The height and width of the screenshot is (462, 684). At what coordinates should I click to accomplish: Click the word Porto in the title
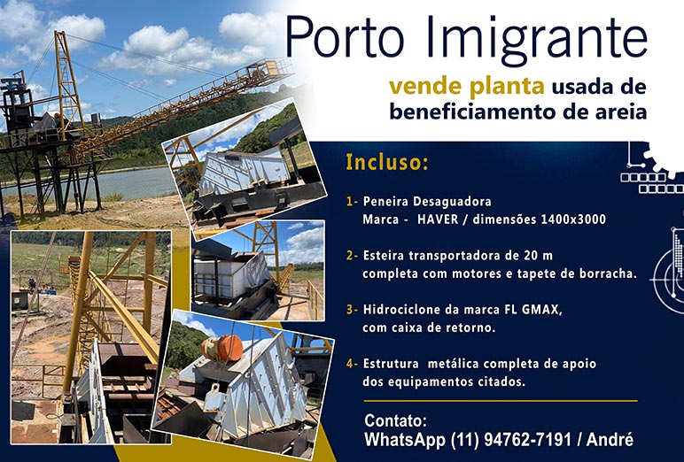click(345, 37)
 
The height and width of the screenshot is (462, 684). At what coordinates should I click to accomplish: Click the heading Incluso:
click(387, 162)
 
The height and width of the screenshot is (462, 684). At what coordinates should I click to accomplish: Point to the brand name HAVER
click(438, 219)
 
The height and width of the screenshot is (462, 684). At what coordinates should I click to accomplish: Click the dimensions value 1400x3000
click(573, 219)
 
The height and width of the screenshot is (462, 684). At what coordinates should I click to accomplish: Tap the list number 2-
click(352, 256)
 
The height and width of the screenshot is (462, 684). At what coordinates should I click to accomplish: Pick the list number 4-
click(352, 364)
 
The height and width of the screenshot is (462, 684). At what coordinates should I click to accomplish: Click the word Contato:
click(395, 421)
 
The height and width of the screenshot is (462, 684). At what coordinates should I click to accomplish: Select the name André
click(610, 439)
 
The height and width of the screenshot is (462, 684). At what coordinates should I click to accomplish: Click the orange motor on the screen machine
click(222, 349)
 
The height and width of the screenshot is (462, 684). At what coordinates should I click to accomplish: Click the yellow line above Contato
click(501, 401)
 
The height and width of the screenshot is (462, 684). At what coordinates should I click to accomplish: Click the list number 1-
click(352, 202)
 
